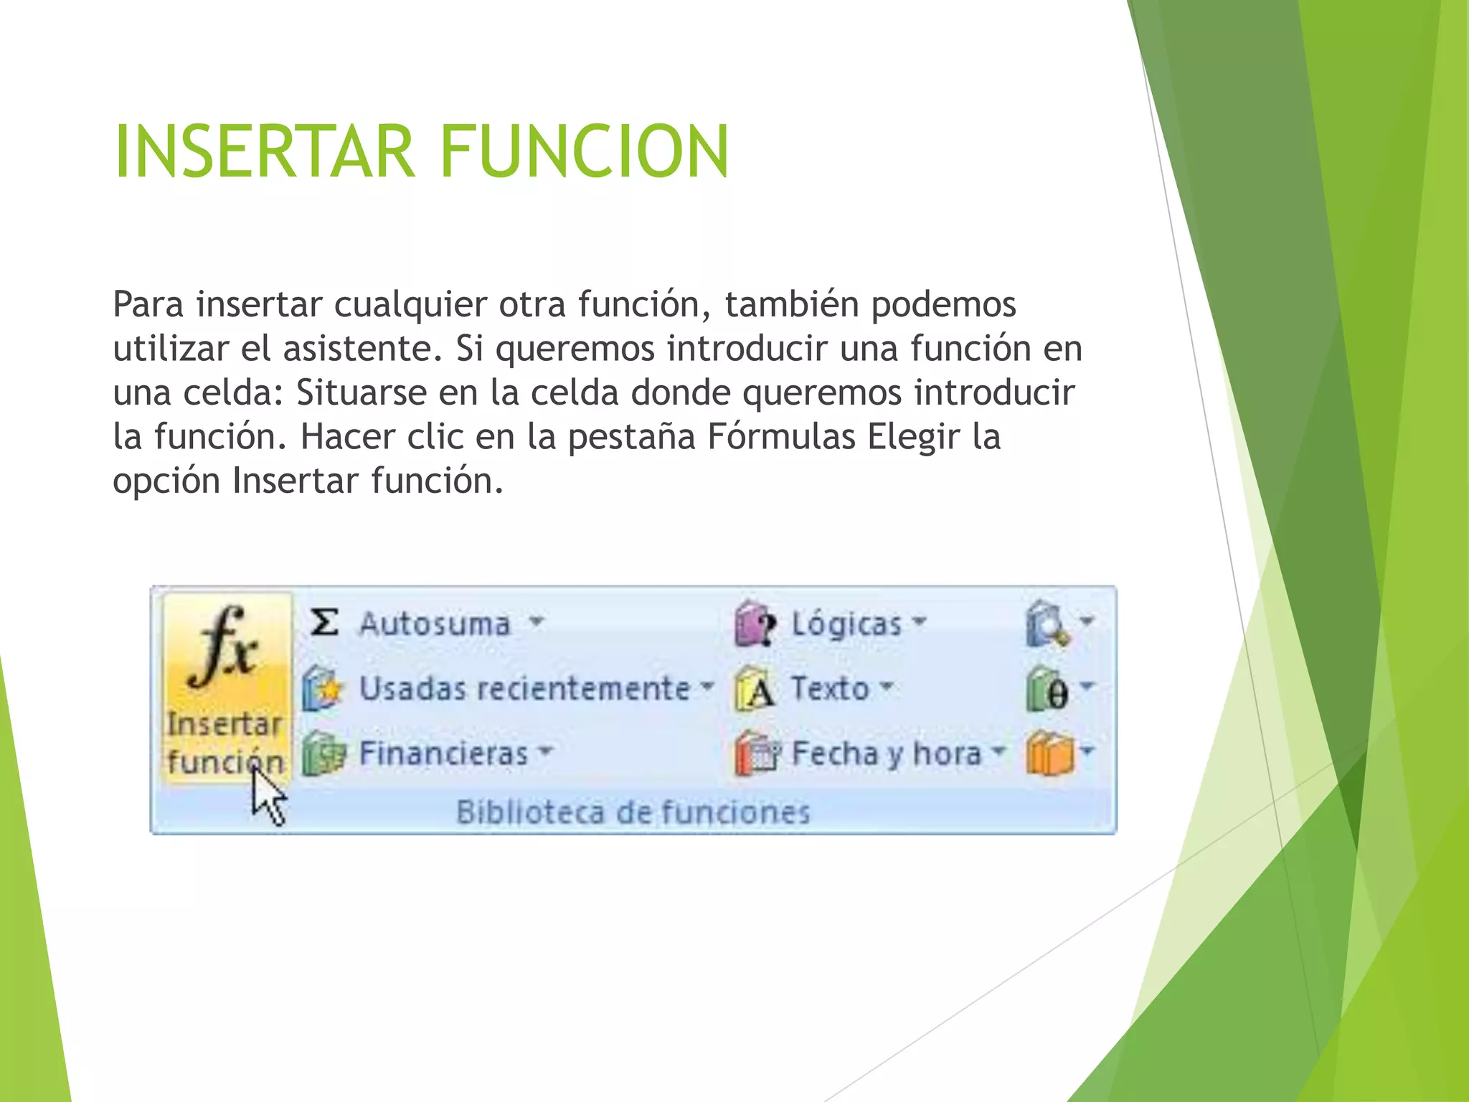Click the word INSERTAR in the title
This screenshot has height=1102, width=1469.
coord(264,151)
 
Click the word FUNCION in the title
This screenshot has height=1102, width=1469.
coord(584,151)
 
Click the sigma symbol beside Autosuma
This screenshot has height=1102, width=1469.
coord(324,622)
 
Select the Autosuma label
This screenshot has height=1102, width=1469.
coord(435,623)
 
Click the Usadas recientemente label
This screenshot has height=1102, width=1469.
coord(524,688)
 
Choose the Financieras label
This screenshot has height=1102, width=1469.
coord(443,753)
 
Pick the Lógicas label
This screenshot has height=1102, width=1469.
coord(846,623)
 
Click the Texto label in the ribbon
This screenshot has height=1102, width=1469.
coord(830,688)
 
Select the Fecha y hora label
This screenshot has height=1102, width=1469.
coord(886,753)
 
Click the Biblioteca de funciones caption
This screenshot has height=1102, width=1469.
coord(633,812)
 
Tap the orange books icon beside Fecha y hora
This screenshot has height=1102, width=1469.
coord(1049,753)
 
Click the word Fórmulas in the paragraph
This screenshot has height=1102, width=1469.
coord(781,436)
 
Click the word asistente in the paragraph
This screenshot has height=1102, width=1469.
coord(362,349)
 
